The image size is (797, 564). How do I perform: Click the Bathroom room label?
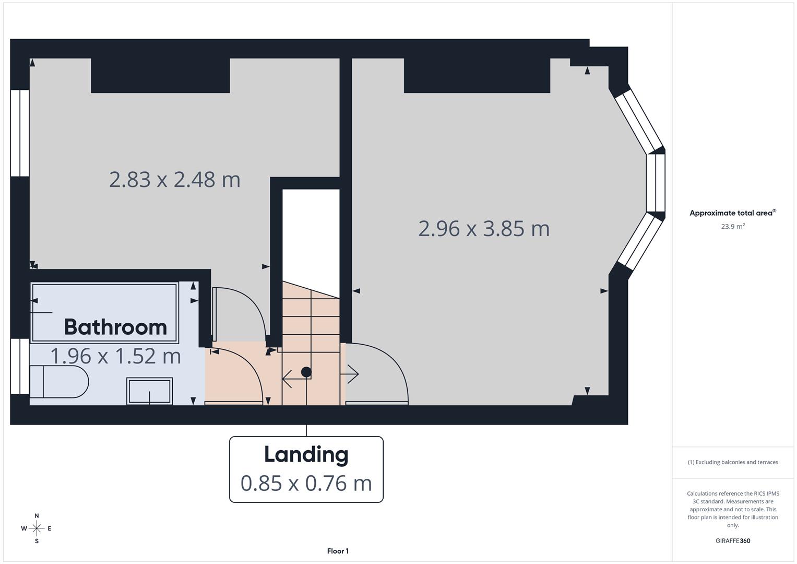click(115, 327)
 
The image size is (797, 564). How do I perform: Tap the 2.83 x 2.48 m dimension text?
click(174, 180)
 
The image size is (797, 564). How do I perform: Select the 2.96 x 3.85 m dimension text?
click(484, 229)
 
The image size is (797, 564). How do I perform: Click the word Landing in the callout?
click(306, 454)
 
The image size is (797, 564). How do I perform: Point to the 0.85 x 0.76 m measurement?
click(306, 483)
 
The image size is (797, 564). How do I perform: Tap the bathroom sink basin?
click(149, 391)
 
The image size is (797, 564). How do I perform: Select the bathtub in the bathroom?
click(104, 312)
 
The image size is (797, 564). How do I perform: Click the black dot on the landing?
click(306, 372)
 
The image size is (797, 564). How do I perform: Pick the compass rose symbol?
click(37, 528)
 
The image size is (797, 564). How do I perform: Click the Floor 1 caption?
click(338, 551)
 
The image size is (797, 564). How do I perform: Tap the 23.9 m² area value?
click(733, 227)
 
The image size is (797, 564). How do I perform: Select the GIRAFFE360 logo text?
click(733, 540)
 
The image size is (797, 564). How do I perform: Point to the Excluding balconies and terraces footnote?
click(733, 462)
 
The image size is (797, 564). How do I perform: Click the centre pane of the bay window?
click(656, 183)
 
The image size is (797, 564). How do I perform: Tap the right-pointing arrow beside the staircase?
click(350, 374)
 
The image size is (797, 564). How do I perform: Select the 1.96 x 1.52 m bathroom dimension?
click(115, 356)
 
